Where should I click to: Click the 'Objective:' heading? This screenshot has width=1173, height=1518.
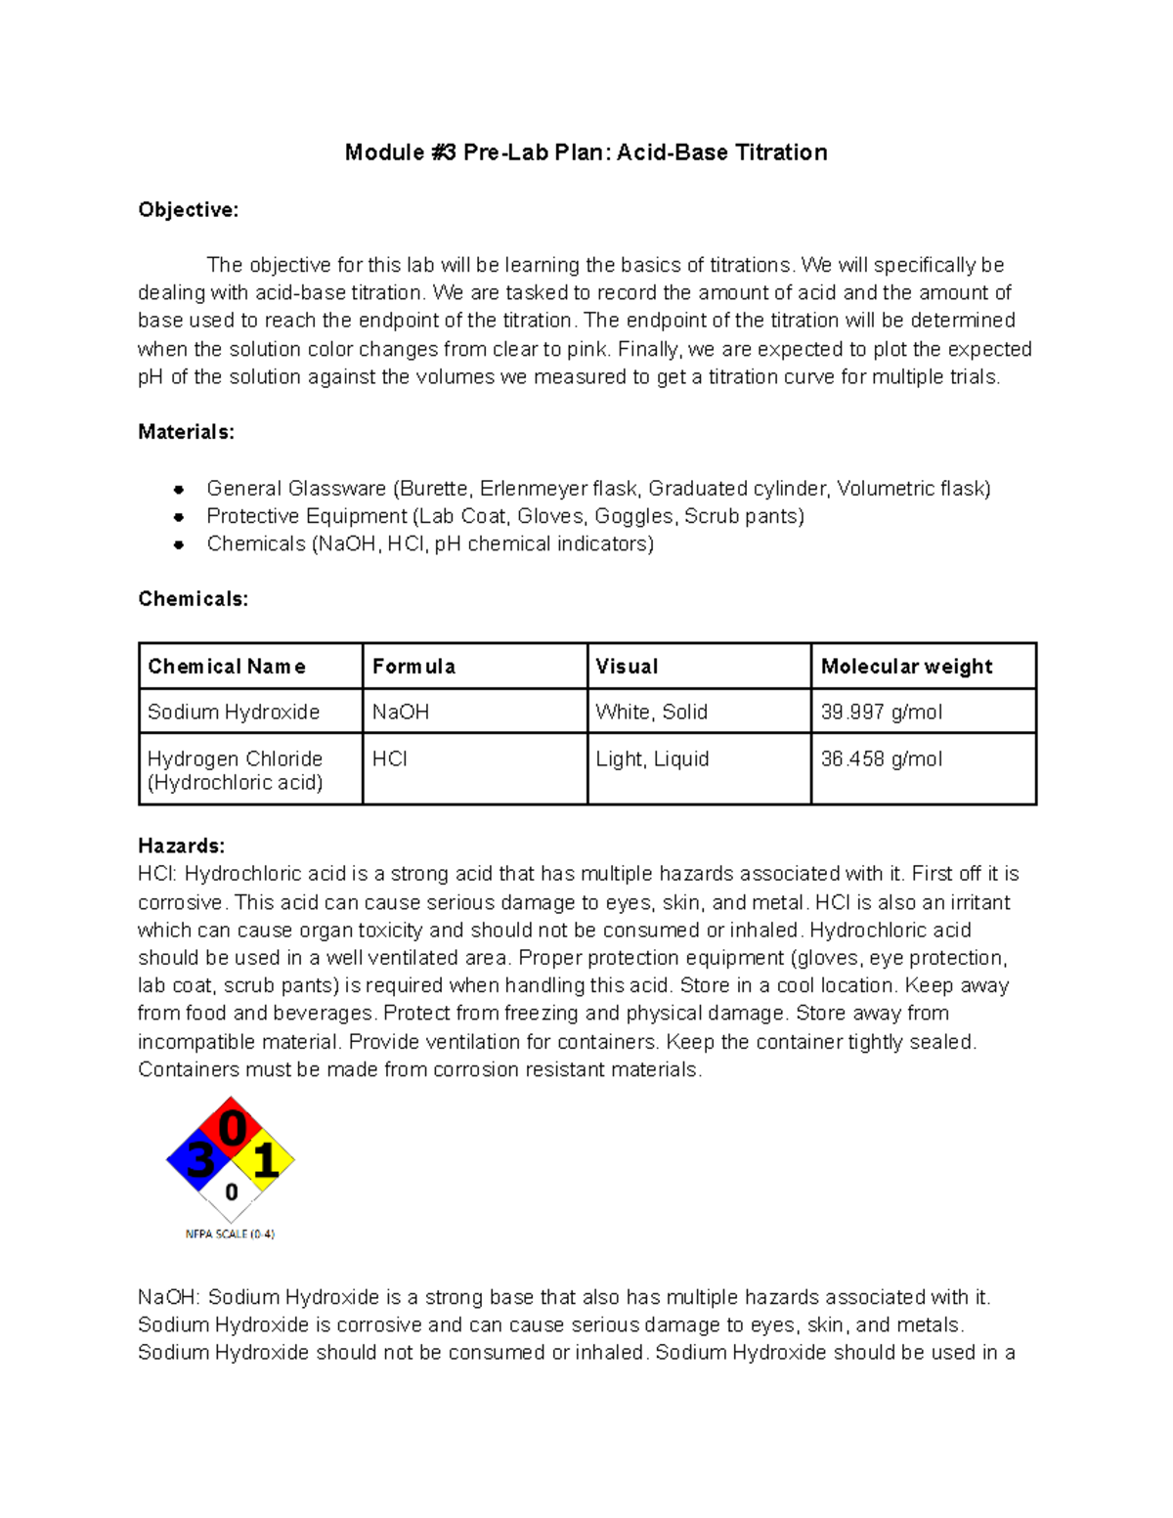pyautogui.click(x=188, y=210)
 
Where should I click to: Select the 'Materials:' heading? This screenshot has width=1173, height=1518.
pyautogui.click(x=186, y=432)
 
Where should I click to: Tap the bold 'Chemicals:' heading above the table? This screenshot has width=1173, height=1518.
pyautogui.click(x=193, y=599)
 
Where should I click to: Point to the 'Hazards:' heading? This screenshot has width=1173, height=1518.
pyautogui.click(x=181, y=846)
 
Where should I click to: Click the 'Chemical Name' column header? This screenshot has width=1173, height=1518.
pyautogui.click(x=227, y=667)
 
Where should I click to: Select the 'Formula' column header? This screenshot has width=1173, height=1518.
pyautogui.click(x=413, y=667)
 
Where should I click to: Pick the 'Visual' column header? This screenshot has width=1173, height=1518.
pyautogui.click(x=627, y=667)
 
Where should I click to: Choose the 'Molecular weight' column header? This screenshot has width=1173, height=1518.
pyautogui.click(x=906, y=667)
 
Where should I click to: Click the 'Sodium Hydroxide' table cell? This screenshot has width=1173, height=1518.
pyautogui.click(x=234, y=712)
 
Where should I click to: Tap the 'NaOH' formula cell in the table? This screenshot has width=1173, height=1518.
pyautogui.click(x=401, y=712)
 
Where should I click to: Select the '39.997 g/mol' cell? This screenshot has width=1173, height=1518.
pyautogui.click(x=882, y=712)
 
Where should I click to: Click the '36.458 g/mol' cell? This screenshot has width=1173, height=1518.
pyautogui.click(x=882, y=759)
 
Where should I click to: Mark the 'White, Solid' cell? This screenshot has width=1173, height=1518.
pyautogui.click(x=651, y=712)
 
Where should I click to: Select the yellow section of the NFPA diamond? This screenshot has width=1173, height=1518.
pyautogui.click(x=265, y=1161)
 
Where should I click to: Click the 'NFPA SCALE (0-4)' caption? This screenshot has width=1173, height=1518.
pyautogui.click(x=230, y=1235)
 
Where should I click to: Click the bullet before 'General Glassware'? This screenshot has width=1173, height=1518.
pyautogui.click(x=179, y=489)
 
